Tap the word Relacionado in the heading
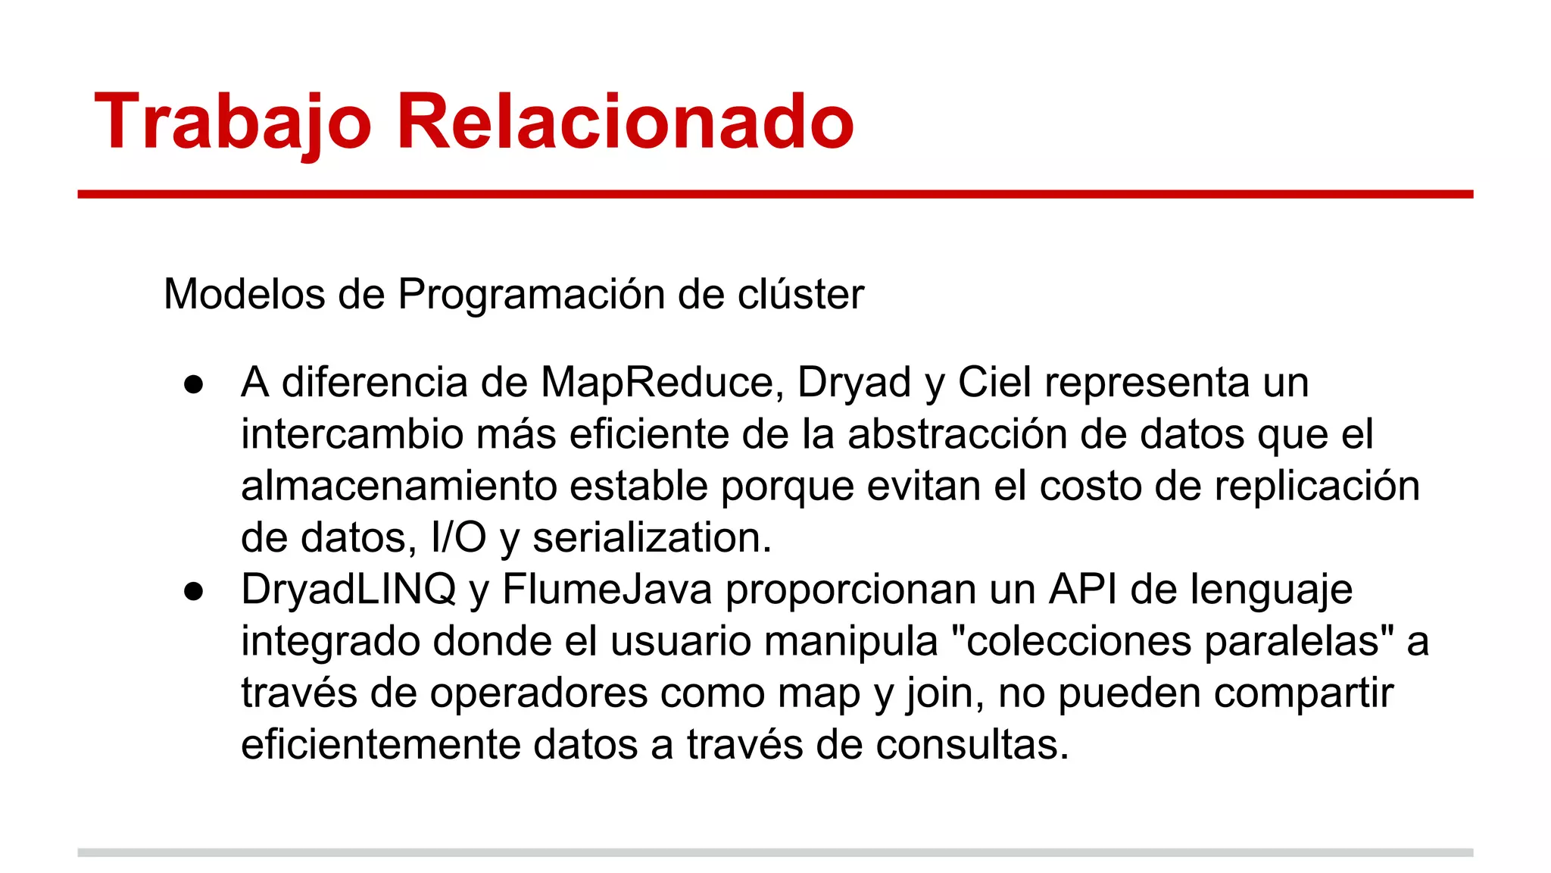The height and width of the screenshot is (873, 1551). [x=625, y=122]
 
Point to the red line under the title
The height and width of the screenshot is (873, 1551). [x=775, y=195]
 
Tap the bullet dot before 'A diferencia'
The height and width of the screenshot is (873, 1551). [x=194, y=384]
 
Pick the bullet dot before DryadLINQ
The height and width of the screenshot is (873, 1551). [x=194, y=592]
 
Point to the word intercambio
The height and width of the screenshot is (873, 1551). [x=352, y=434]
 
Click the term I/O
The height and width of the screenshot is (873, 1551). [x=458, y=537]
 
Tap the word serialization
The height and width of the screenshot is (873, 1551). [x=651, y=537]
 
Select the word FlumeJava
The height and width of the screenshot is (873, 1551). [x=607, y=590]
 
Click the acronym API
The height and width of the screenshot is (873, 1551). [x=1083, y=590]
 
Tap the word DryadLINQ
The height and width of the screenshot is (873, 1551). [x=348, y=590]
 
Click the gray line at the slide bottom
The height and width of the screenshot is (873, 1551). [x=775, y=853]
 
